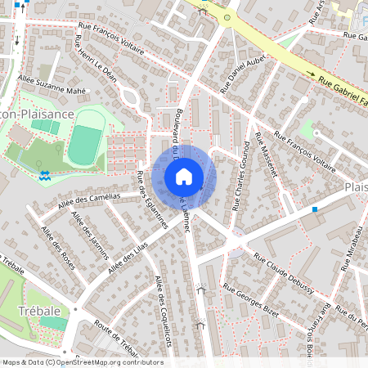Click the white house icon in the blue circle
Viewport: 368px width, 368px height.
(184, 177)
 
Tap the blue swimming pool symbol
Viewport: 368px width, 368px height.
(44, 175)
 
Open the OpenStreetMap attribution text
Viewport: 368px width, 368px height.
(82, 361)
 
